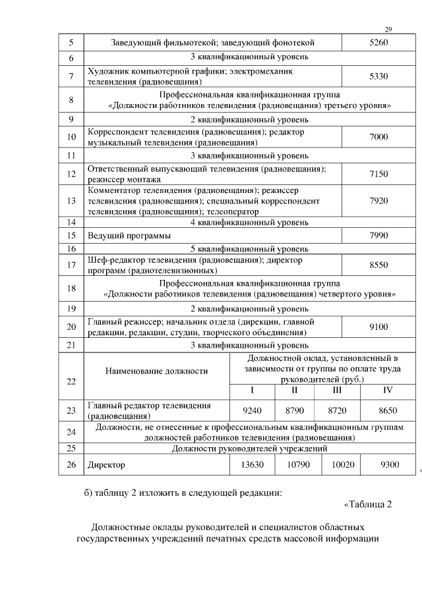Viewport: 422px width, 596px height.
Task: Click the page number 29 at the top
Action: [x=388, y=30]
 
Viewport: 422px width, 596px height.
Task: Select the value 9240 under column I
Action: [x=253, y=410]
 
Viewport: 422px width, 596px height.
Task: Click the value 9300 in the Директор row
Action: [x=390, y=464]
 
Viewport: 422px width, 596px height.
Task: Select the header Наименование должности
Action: [x=156, y=371]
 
